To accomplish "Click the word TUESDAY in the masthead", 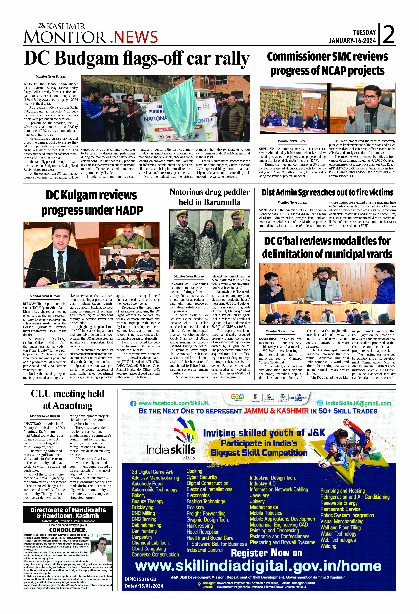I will click(x=364, y=32).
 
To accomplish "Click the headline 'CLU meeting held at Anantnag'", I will click(x=68, y=399).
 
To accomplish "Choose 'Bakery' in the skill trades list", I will click(x=139, y=495).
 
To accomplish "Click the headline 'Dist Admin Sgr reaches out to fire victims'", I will click(x=327, y=193).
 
